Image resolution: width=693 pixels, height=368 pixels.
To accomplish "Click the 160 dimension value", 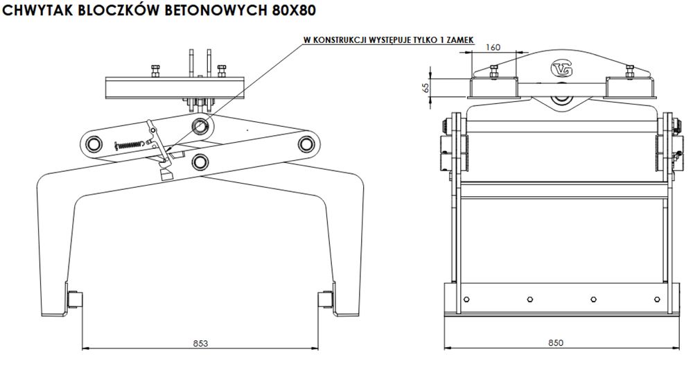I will [493, 47].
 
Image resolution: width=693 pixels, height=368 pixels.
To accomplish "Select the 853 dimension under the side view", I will [200, 342].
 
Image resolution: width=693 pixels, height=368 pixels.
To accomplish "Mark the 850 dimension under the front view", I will [556, 342].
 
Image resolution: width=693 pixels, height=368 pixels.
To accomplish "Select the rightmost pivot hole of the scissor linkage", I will [304, 143].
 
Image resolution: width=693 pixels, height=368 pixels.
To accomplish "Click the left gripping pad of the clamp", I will [73, 299].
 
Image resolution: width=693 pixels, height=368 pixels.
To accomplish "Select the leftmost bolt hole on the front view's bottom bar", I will [466, 299].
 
